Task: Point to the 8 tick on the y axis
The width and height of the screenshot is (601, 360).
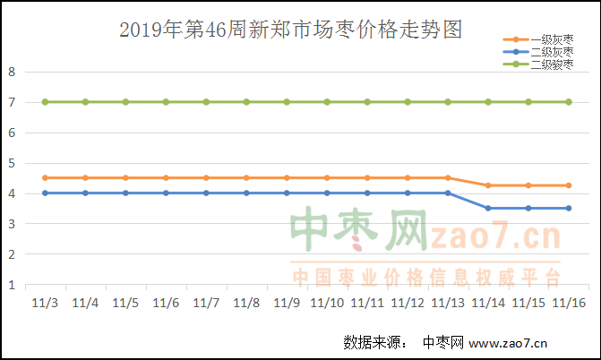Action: [x=12, y=73]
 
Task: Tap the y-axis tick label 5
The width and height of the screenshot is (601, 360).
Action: [x=12, y=164]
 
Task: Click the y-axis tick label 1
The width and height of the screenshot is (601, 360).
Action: [x=12, y=286]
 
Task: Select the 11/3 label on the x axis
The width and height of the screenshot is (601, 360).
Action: [x=45, y=304]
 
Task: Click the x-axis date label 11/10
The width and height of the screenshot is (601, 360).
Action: [x=327, y=304]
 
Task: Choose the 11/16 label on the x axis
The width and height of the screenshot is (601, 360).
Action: [x=569, y=304]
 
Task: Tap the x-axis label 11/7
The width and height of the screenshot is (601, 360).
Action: [x=206, y=304]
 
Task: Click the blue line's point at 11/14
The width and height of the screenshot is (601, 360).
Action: [x=488, y=208]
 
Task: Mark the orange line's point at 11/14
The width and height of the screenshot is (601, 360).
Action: [x=488, y=185]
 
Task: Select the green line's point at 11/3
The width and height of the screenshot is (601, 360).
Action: [x=45, y=102]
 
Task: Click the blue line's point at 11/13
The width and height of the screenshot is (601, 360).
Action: [x=448, y=193]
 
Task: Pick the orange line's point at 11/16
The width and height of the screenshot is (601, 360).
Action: [x=569, y=185]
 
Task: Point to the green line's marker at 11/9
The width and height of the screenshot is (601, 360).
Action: [x=287, y=102]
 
